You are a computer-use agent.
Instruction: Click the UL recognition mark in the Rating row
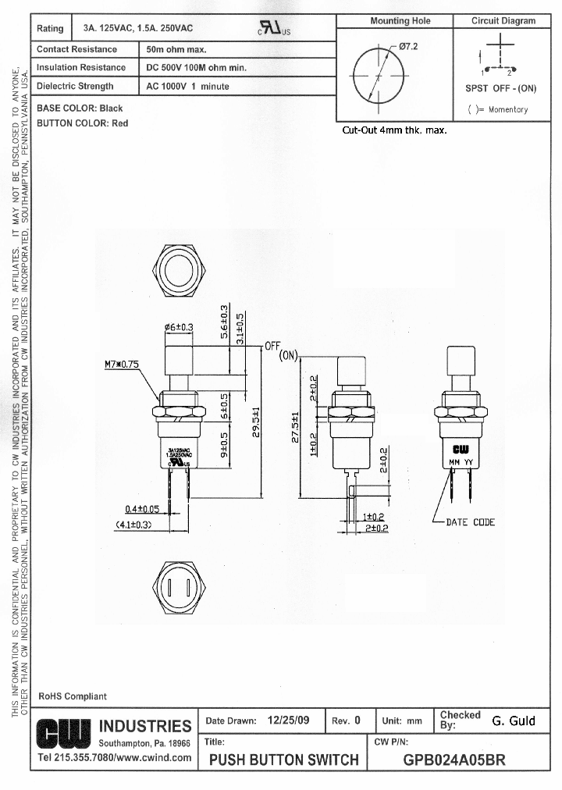273,29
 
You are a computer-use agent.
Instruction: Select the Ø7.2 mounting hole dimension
407,47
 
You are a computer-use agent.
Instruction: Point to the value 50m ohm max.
176,49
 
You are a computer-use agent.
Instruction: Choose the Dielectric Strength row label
75,87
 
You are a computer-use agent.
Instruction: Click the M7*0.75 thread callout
121,364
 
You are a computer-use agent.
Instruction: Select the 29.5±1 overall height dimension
255,422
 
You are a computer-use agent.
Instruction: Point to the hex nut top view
180,272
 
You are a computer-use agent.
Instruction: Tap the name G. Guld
514,721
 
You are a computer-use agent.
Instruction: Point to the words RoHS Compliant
73,696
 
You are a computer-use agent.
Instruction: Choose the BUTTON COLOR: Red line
83,123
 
